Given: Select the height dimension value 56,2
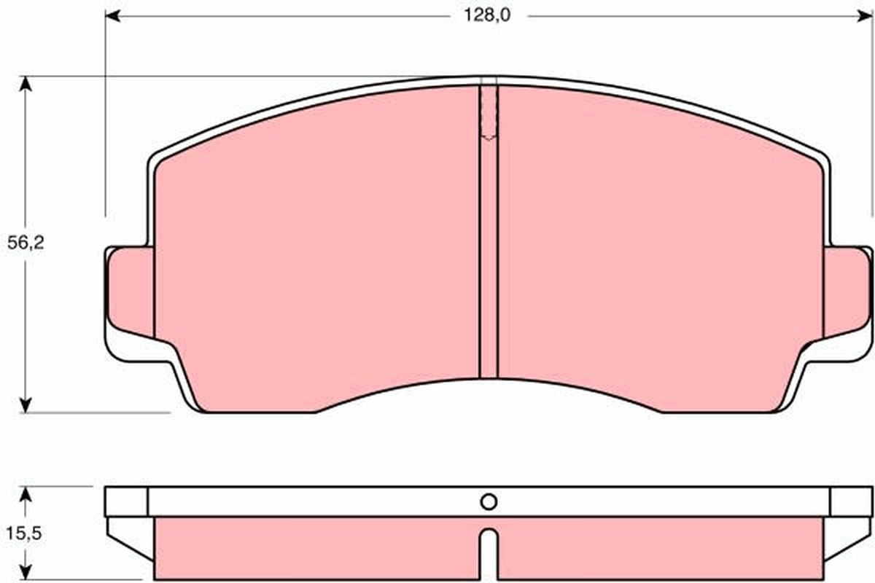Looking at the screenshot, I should [26, 243].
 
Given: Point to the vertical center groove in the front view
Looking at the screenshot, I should [489, 255].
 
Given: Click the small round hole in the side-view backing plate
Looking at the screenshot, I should [489, 501].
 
